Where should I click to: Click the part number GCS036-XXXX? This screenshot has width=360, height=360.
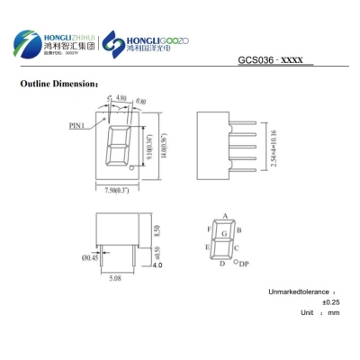coord(274,61)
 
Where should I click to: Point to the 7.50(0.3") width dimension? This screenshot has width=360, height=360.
coord(115,193)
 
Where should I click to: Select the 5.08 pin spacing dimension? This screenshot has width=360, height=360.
coord(115,279)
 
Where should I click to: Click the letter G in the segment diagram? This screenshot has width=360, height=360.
coord(223,234)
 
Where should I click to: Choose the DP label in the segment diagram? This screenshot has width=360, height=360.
coord(243,265)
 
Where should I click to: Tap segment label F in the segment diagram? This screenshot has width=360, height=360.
coord(208,229)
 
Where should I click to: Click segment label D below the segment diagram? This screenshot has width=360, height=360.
coord(222,264)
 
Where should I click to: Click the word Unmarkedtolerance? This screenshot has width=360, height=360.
coord(299,292)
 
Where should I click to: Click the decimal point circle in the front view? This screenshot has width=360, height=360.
coord(132,167)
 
